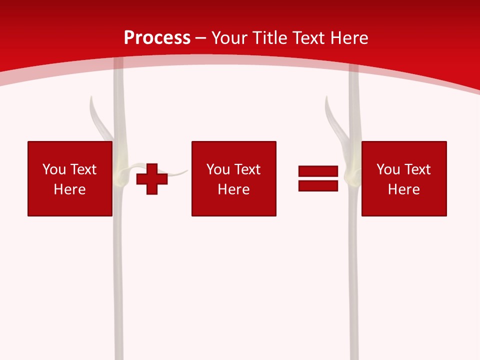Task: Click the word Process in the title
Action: pos(157,38)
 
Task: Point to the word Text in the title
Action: pos(312,38)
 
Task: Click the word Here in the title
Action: pos(350,38)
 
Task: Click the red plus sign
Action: pos(152,179)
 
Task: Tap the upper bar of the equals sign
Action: pos(318,171)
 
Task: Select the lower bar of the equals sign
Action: pos(318,185)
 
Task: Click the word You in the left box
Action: pos(54,169)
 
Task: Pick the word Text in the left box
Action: pos(82,169)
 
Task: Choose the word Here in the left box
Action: pos(69,189)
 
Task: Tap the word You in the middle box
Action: pos(218,169)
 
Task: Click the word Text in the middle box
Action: pos(246,169)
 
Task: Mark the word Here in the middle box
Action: pos(233,189)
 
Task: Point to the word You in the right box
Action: pos(388,169)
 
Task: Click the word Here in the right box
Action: pos(403,189)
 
